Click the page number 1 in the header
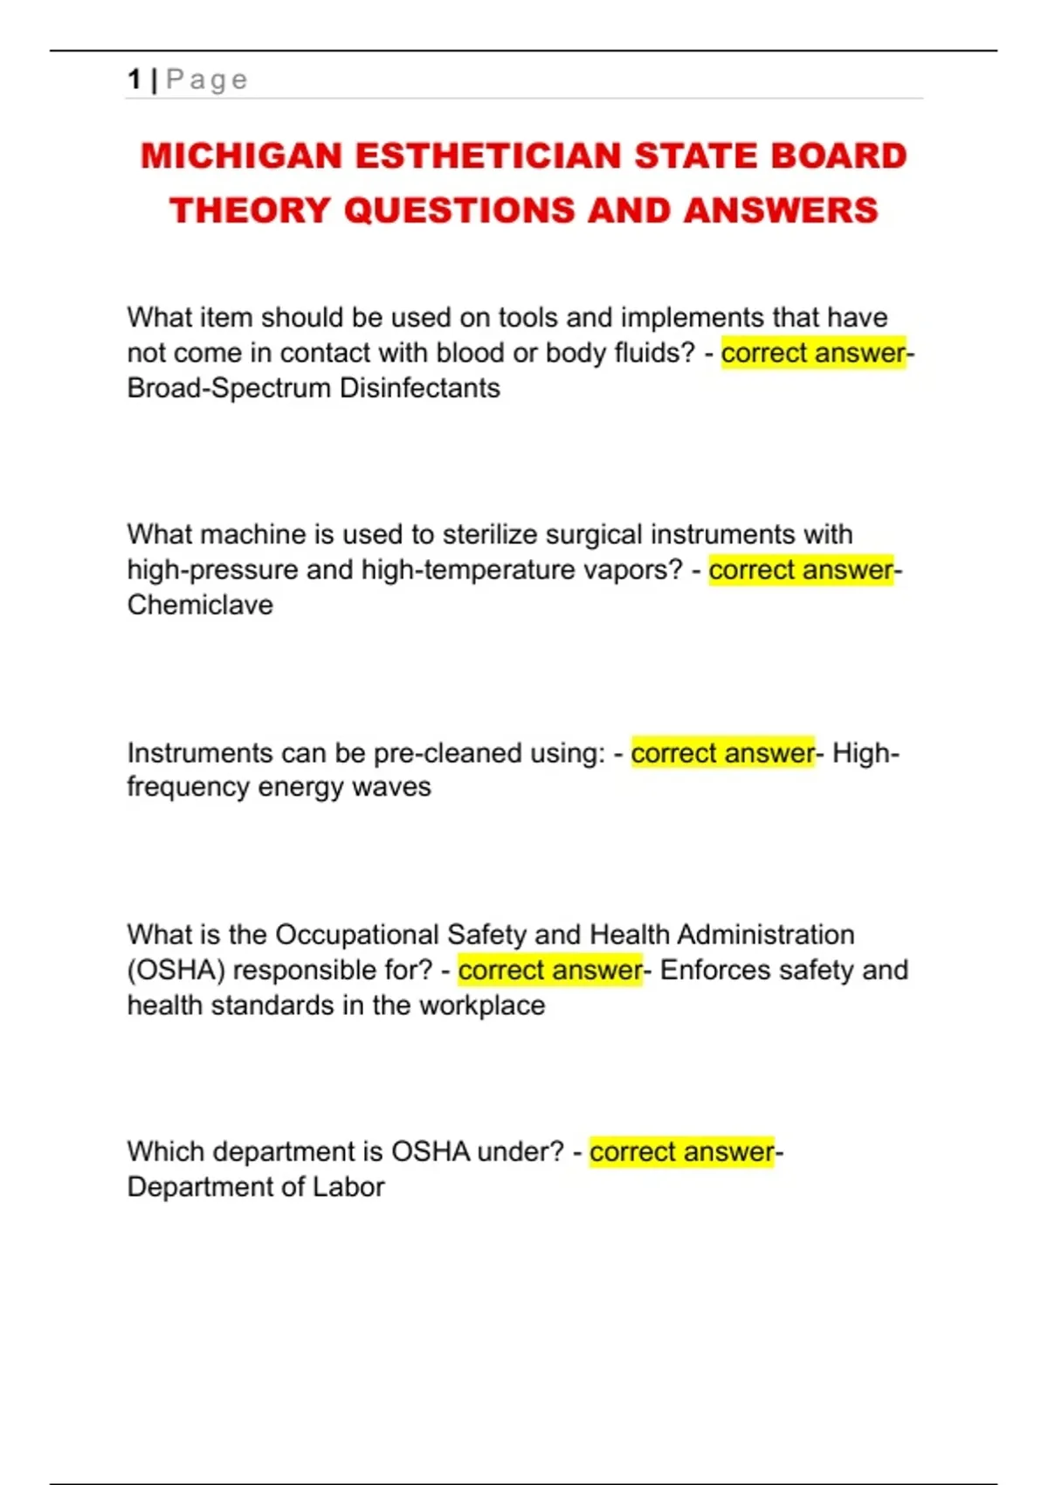point(134,79)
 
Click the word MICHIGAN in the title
point(241,156)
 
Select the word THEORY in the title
point(250,211)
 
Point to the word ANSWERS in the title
point(781,211)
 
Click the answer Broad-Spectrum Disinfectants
point(314,388)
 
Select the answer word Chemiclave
point(200,604)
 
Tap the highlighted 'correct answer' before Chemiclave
point(801,570)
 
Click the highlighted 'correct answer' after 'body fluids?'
point(813,353)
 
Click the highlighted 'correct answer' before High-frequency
point(722,753)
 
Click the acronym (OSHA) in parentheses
point(176,970)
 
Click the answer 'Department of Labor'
point(256,1187)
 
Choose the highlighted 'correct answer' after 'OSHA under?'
point(681,1152)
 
